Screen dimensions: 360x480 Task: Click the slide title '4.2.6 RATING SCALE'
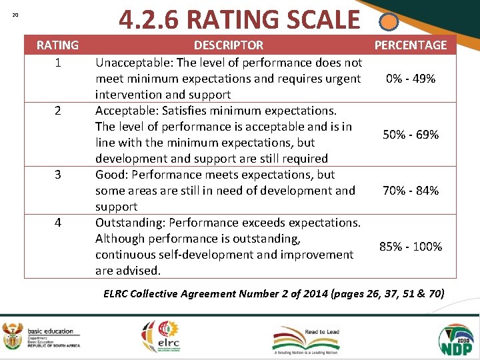[239, 19]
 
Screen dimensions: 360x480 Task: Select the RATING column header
[57, 45]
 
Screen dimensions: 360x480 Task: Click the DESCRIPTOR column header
[229, 45]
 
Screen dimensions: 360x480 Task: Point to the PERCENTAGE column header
[411, 45]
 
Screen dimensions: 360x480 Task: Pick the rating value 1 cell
[57, 62]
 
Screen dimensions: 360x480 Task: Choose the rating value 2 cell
[57, 111]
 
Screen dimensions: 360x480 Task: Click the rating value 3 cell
[57, 175]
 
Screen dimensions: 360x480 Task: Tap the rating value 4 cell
[57, 223]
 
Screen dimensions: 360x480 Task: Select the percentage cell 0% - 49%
[411, 79]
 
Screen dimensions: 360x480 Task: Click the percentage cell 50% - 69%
[411, 135]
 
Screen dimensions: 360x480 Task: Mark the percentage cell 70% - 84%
[411, 191]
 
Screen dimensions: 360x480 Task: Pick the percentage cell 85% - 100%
[411, 247]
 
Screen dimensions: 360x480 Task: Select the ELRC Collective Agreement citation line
[274, 293]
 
